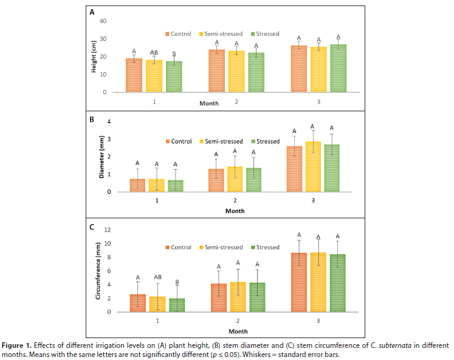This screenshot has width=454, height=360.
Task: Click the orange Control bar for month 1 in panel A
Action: tap(134, 75)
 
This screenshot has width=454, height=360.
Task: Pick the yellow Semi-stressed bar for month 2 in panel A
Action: tap(236, 71)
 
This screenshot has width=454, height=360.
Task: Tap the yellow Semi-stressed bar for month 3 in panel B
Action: tap(312, 167)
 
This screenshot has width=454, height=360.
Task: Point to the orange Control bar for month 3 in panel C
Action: tap(298, 282)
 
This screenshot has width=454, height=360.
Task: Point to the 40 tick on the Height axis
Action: tap(103, 21)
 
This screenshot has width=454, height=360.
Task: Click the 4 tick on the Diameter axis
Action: tap(109, 122)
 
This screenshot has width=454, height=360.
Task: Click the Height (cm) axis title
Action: tap(94, 57)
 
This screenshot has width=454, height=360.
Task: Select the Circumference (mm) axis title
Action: tap(98, 271)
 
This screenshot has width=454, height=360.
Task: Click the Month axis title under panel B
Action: tap(235, 211)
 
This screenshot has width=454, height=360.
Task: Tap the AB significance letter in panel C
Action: tap(157, 277)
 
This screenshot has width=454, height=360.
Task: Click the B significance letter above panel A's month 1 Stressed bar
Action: tap(174, 54)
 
